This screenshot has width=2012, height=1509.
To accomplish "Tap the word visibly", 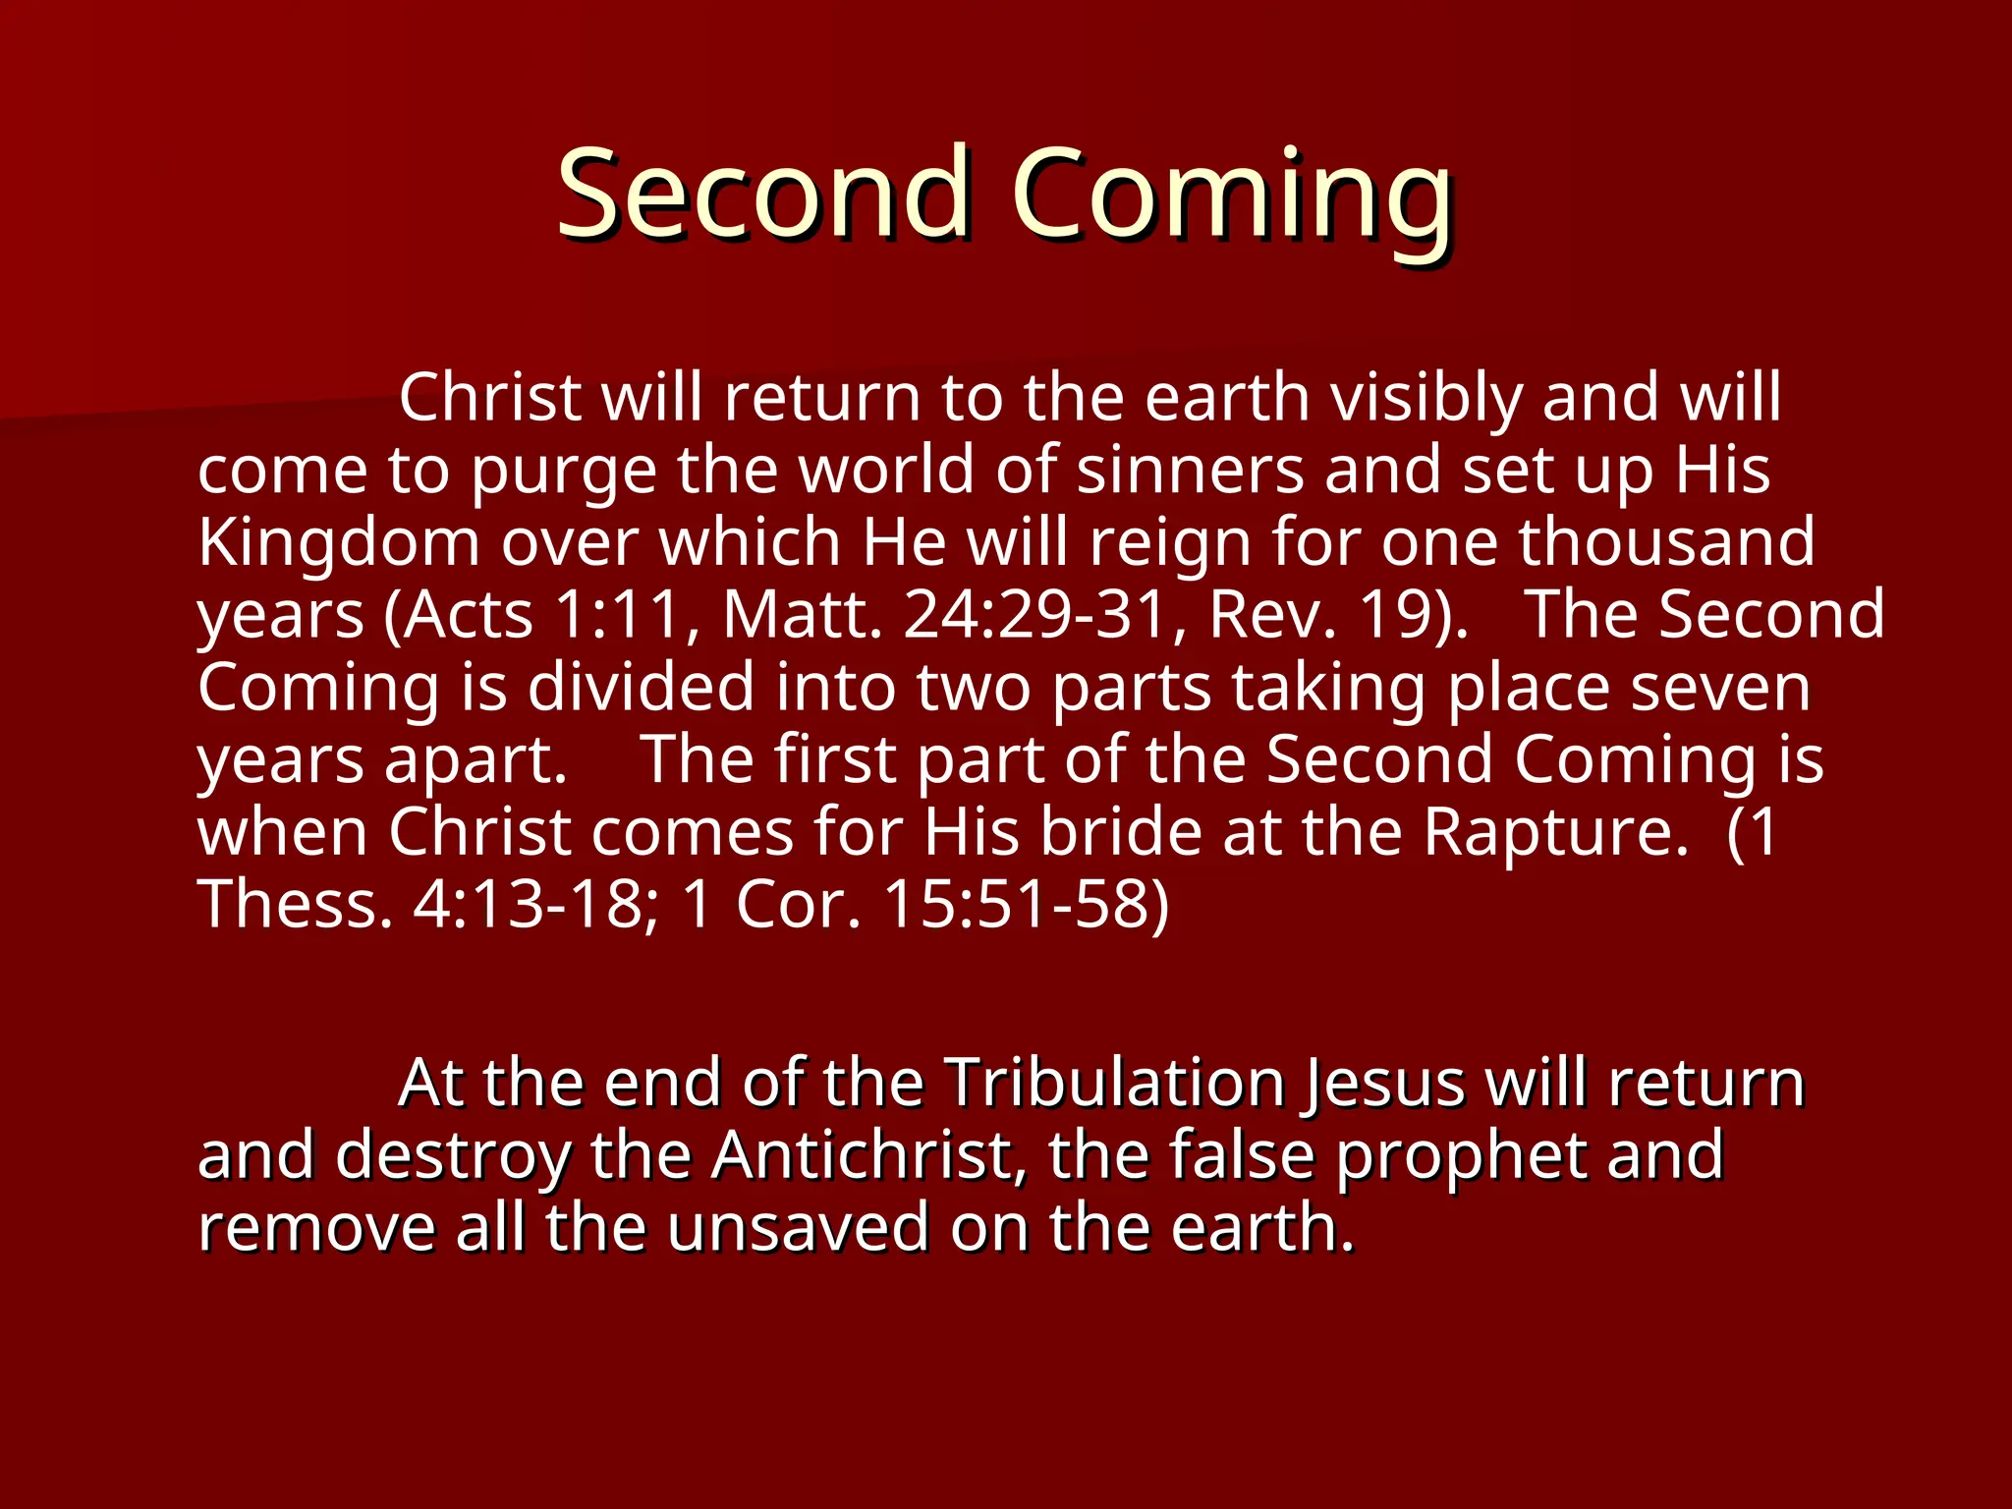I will point(1425,398).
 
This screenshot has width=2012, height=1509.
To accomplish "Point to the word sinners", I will point(1190,470).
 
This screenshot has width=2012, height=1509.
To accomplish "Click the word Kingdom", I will point(338,543).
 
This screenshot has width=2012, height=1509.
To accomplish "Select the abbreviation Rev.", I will point(1272,615).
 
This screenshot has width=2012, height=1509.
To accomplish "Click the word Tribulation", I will point(1116,1084).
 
